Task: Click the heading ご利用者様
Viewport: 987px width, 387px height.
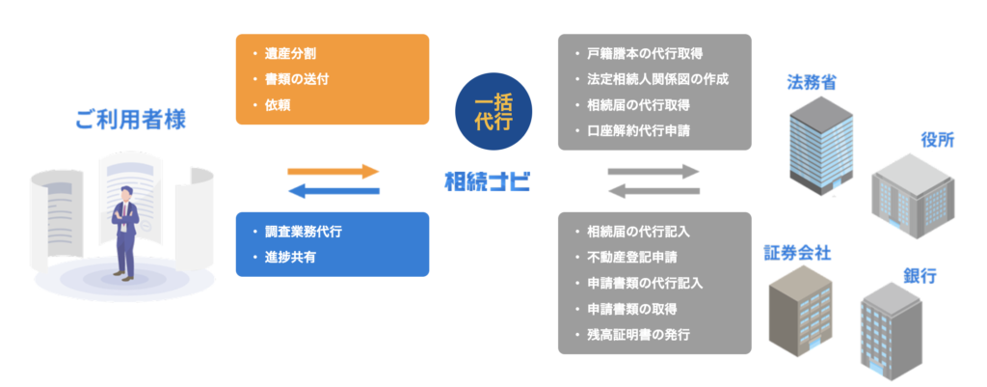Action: (x=131, y=121)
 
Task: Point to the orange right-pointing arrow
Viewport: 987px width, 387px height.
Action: (x=333, y=172)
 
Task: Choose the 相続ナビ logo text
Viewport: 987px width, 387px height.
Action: (x=487, y=181)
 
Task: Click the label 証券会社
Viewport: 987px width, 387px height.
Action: (x=797, y=253)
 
